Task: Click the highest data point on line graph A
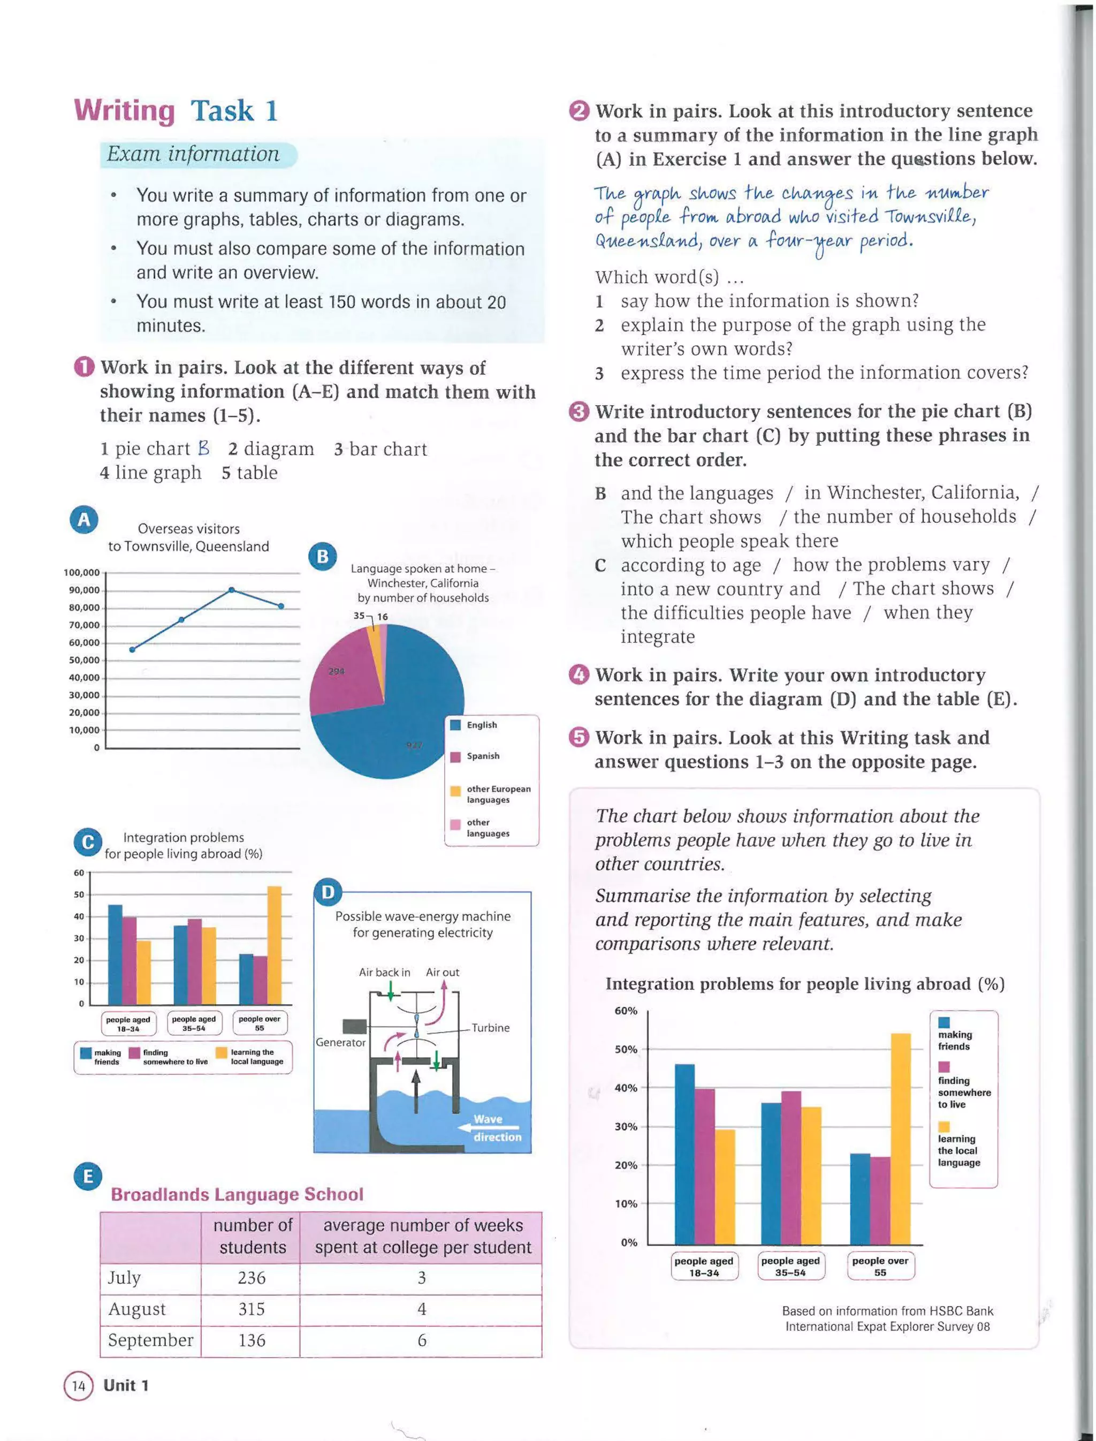(232, 590)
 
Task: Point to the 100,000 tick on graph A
(82, 572)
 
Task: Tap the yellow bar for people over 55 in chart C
(275, 945)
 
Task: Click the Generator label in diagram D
(340, 1042)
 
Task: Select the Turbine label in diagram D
(491, 1027)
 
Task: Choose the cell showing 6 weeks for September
(422, 1340)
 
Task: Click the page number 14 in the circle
(78, 1385)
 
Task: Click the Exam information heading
(193, 154)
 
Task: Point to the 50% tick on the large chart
(626, 1049)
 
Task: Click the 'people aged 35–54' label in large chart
(790, 1266)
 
